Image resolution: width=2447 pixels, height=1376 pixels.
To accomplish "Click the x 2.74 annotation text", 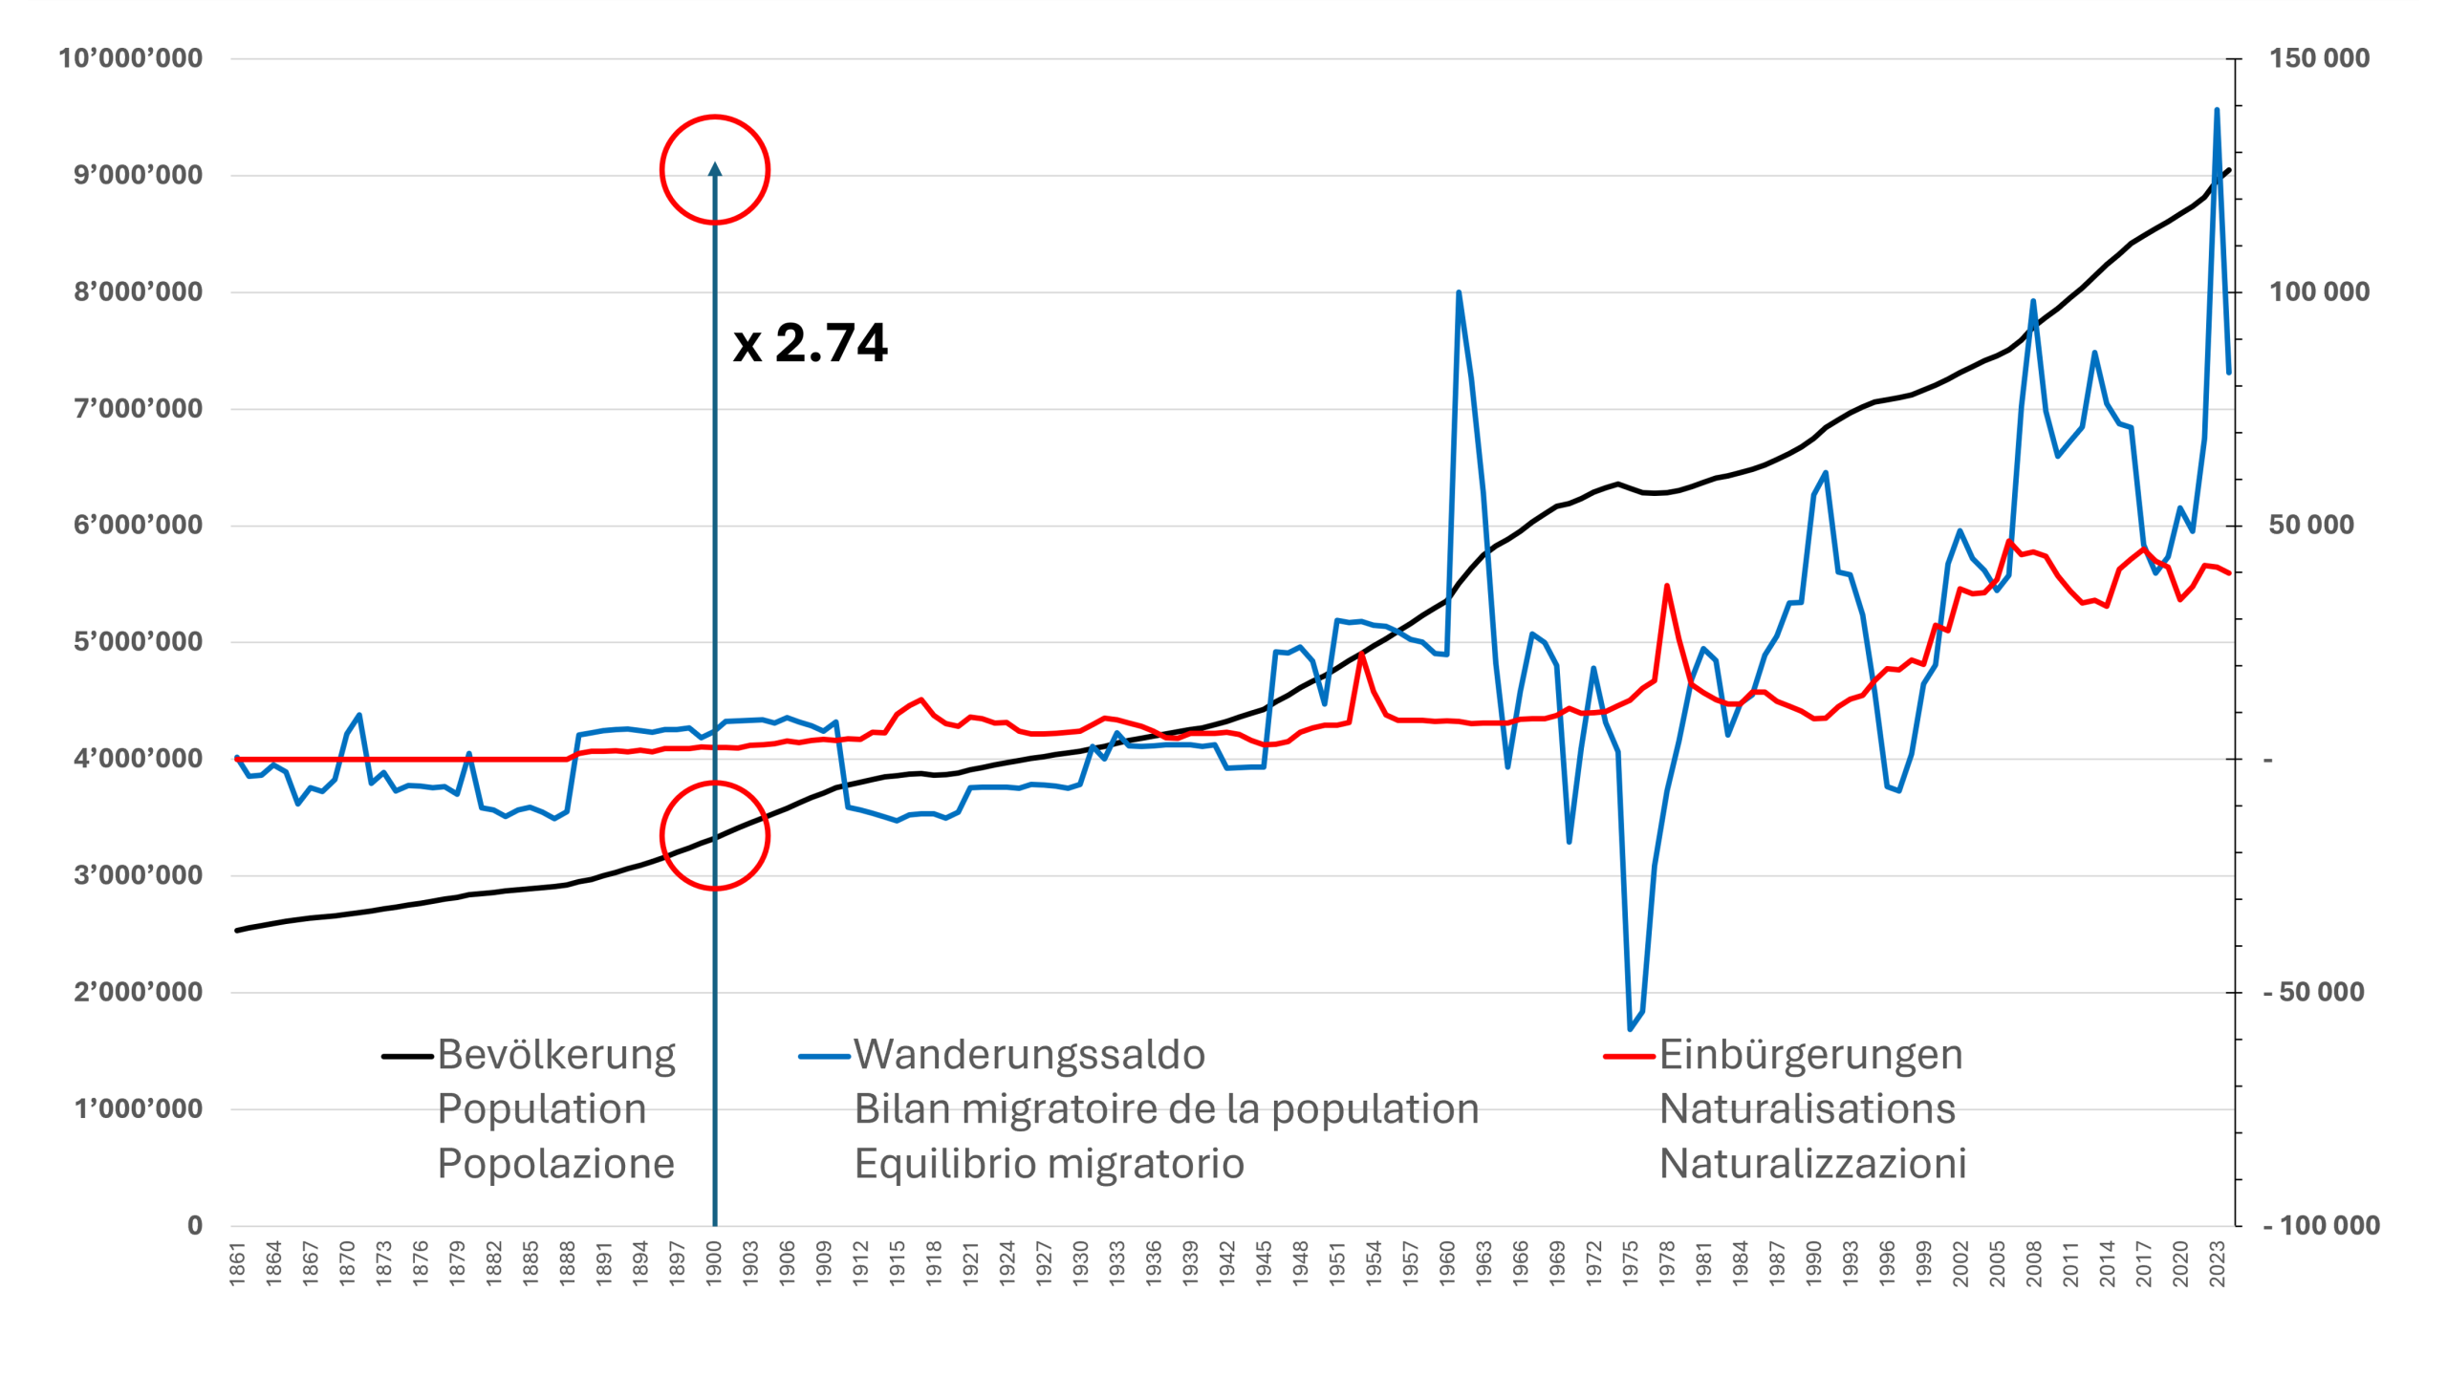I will pyautogui.click(x=810, y=343).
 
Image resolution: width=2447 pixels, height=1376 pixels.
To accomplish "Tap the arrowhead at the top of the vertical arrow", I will pyautogui.click(x=715, y=170).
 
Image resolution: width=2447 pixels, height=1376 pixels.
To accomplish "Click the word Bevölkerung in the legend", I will pyautogui.click(x=556, y=1055).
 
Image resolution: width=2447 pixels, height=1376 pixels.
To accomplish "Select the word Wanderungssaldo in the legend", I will pyautogui.click(x=1029, y=1055).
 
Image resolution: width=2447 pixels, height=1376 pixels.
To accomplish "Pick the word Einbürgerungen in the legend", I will pyautogui.click(x=1810, y=1055).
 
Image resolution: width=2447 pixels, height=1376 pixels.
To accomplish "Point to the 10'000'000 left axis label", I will pyautogui.click(x=131, y=58).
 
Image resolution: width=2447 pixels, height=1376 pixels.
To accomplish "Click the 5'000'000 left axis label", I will pyautogui.click(x=139, y=641).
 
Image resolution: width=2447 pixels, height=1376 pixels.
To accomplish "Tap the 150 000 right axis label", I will pyautogui.click(x=2320, y=58).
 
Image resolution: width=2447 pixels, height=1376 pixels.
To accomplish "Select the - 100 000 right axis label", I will pyautogui.click(x=2321, y=1225).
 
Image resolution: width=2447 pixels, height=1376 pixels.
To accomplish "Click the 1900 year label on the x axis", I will pyautogui.click(x=714, y=1263).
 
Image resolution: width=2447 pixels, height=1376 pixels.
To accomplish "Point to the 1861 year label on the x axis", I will pyautogui.click(x=237, y=1263).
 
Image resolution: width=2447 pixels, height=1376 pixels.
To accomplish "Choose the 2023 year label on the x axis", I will pyautogui.click(x=2218, y=1263).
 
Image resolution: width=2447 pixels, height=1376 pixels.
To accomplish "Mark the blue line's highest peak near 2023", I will pyautogui.click(x=2217, y=110).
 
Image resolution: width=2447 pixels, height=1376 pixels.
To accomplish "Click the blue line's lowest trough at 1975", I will pyautogui.click(x=1631, y=1029).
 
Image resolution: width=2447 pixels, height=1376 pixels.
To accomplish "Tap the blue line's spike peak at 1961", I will pyautogui.click(x=1459, y=292).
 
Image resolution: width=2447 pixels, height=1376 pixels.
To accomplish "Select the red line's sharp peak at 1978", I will pyautogui.click(x=1667, y=586).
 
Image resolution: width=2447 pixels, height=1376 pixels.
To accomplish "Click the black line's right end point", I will pyautogui.click(x=2229, y=170).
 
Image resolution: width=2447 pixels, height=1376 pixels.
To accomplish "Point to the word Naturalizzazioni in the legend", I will pyautogui.click(x=1812, y=1164).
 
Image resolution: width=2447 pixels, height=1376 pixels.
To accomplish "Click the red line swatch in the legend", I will pyautogui.click(x=1629, y=1056).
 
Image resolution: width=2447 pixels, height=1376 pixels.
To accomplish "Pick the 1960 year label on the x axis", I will pyautogui.click(x=1447, y=1263).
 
